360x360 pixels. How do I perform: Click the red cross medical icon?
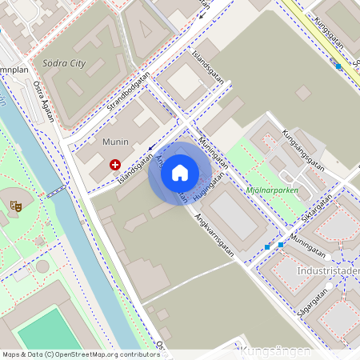point(115,165)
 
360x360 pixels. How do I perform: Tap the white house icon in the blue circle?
point(179,173)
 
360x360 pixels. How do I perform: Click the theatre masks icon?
point(15,206)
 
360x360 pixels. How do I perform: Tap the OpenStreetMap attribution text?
point(80,354)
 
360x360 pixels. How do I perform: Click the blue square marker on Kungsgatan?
point(338,66)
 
